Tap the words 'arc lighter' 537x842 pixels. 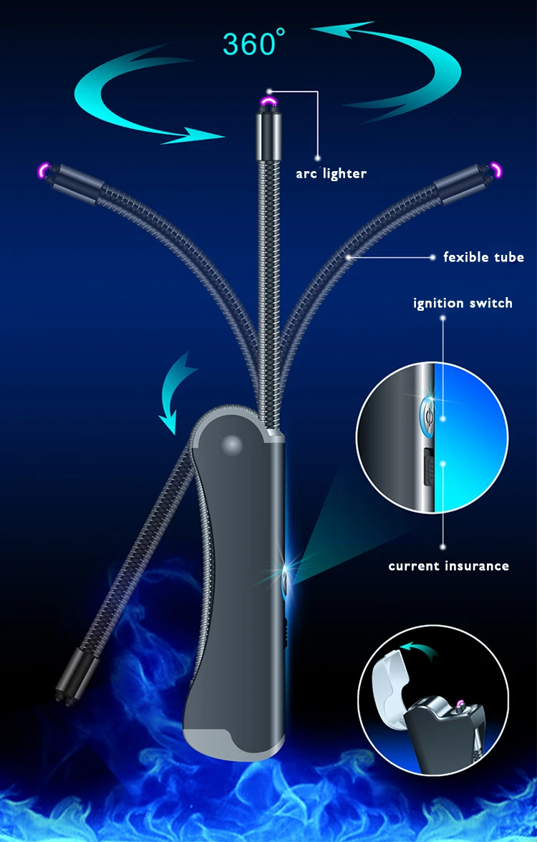coord(331,173)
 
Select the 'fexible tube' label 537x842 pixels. coord(483,257)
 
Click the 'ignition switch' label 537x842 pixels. coord(463,303)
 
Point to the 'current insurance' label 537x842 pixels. coord(448,566)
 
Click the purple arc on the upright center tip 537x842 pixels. coord(270,105)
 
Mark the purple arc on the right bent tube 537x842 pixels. coord(495,170)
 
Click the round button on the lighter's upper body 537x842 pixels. coord(231,445)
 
